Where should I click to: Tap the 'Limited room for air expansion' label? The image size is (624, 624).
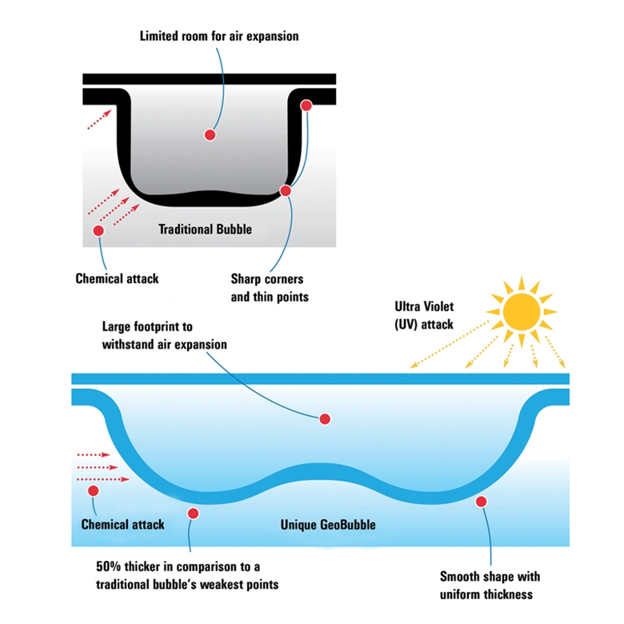pos(219,36)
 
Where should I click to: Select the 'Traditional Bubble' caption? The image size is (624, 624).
pos(205,230)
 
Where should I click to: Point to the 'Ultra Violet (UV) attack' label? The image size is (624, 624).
pos(424,315)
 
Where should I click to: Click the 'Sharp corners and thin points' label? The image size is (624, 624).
pos(267,288)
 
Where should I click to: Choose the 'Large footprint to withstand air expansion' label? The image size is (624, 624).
pos(165,336)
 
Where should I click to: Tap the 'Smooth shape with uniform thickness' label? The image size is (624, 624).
pos(490,586)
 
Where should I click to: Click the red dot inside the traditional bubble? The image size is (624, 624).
pos(210,134)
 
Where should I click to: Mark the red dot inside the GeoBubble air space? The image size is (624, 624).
pos(325,418)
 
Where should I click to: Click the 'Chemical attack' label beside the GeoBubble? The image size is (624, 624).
pos(122,525)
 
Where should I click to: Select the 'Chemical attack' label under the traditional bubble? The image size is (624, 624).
pos(117,279)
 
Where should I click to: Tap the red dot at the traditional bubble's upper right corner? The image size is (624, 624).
pos(305,106)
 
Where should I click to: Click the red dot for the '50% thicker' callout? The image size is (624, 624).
pos(191,514)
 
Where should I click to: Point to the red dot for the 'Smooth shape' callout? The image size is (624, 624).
pos(481,502)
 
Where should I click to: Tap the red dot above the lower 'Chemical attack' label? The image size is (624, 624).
pos(94,490)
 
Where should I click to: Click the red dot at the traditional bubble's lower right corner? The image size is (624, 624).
pos(285,190)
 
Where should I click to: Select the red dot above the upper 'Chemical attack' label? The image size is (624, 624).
pos(99,230)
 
